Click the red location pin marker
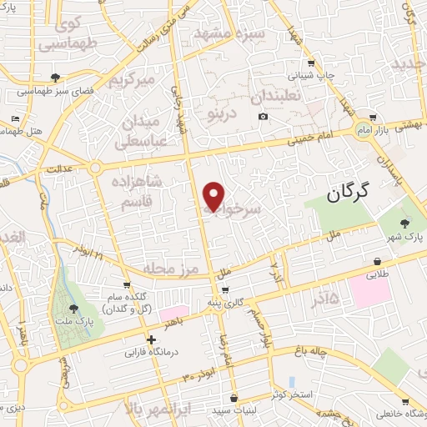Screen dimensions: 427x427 coord(214,196)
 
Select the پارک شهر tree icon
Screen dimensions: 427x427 coord(405,223)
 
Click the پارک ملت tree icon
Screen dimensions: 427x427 coord(73,309)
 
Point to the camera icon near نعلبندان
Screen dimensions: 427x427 coord(264,116)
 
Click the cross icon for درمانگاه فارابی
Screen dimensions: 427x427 coord(151,339)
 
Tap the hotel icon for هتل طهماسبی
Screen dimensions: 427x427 coord(15,119)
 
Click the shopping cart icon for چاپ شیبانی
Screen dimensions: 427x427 coord(311,63)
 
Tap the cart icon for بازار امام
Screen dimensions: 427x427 coord(373,118)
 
